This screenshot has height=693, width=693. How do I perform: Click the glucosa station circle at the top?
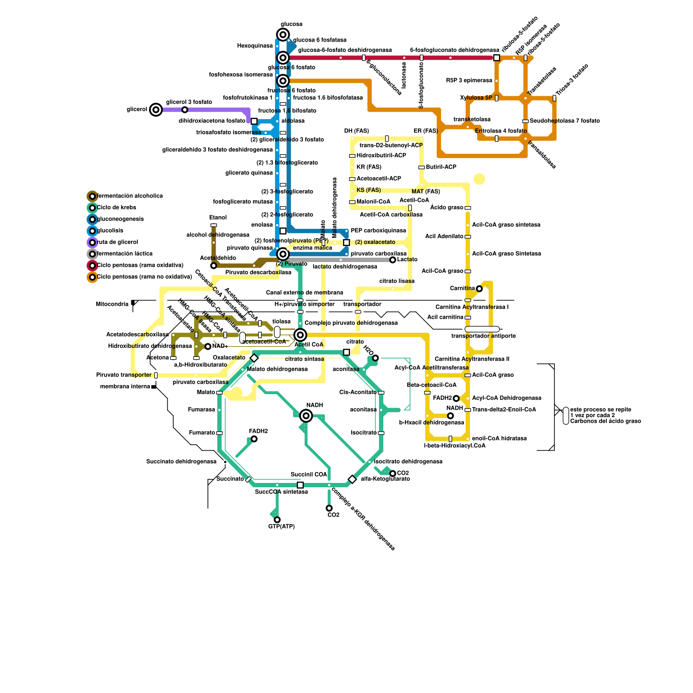(x=283, y=35)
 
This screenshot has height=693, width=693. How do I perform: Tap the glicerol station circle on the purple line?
(x=156, y=110)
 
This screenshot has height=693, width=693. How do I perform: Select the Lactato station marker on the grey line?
(x=392, y=260)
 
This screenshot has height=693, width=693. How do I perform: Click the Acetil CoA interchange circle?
(x=300, y=335)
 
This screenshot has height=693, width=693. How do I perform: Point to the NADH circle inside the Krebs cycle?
(x=306, y=416)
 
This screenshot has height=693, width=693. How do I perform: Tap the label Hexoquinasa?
(x=255, y=46)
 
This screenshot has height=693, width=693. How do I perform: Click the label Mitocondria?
(x=112, y=304)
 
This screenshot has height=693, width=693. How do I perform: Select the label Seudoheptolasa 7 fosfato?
(x=564, y=121)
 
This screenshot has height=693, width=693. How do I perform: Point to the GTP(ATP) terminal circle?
(x=277, y=520)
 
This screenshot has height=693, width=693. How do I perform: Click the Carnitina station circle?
(x=479, y=288)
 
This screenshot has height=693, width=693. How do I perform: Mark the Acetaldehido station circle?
(x=214, y=266)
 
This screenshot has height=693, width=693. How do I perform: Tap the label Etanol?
(x=218, y=217)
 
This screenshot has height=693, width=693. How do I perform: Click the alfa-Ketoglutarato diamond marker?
(x=352, y=479)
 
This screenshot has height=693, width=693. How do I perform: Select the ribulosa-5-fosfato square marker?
(x=496, y=58)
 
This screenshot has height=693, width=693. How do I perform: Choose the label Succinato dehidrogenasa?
(x=181, y=462)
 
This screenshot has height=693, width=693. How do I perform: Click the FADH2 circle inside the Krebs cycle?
(x=254, y=439)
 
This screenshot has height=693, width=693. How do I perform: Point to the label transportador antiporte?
(x=483, y=336)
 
